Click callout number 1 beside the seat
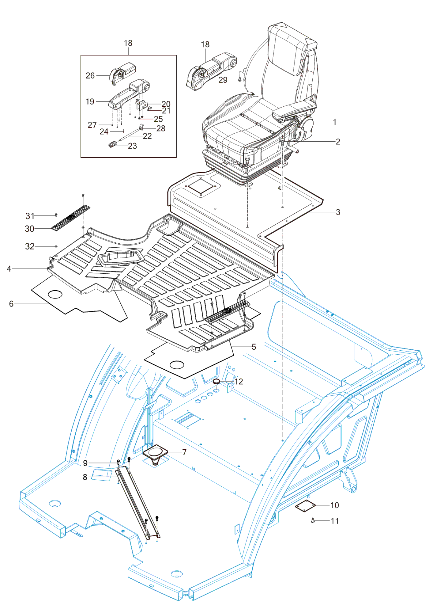pyautogui.click(x=335, y=122)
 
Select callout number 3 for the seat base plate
pyautogui.click(x=338, y=212)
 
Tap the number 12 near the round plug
pyautogui.click(x=239, y=382)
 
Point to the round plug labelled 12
pyautogui.click(x=217, y=381)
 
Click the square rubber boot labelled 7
pyautogui.click(x=156, y=453)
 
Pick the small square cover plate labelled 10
pyautogui.click(x=305, y=505)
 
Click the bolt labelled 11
pyautogui.click(x=313, y=521)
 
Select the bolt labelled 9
pyautogui.click(x=118, y=462)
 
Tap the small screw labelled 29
pyautogui.click(x=240, y=80)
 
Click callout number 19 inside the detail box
pyautogui.click(x=90, y=101)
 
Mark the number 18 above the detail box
pyautogui.click(x=128, y=43)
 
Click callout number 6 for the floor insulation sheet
pyautogui.click(x=11, y=304)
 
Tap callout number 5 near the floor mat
pyautogui.click(x=254, y=347)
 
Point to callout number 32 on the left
pyautogui.click(x=30, y=246)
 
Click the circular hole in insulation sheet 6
pyautogui.click(x=55, y=294)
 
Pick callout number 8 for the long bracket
pyautogui.click(x=85, y=477)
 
